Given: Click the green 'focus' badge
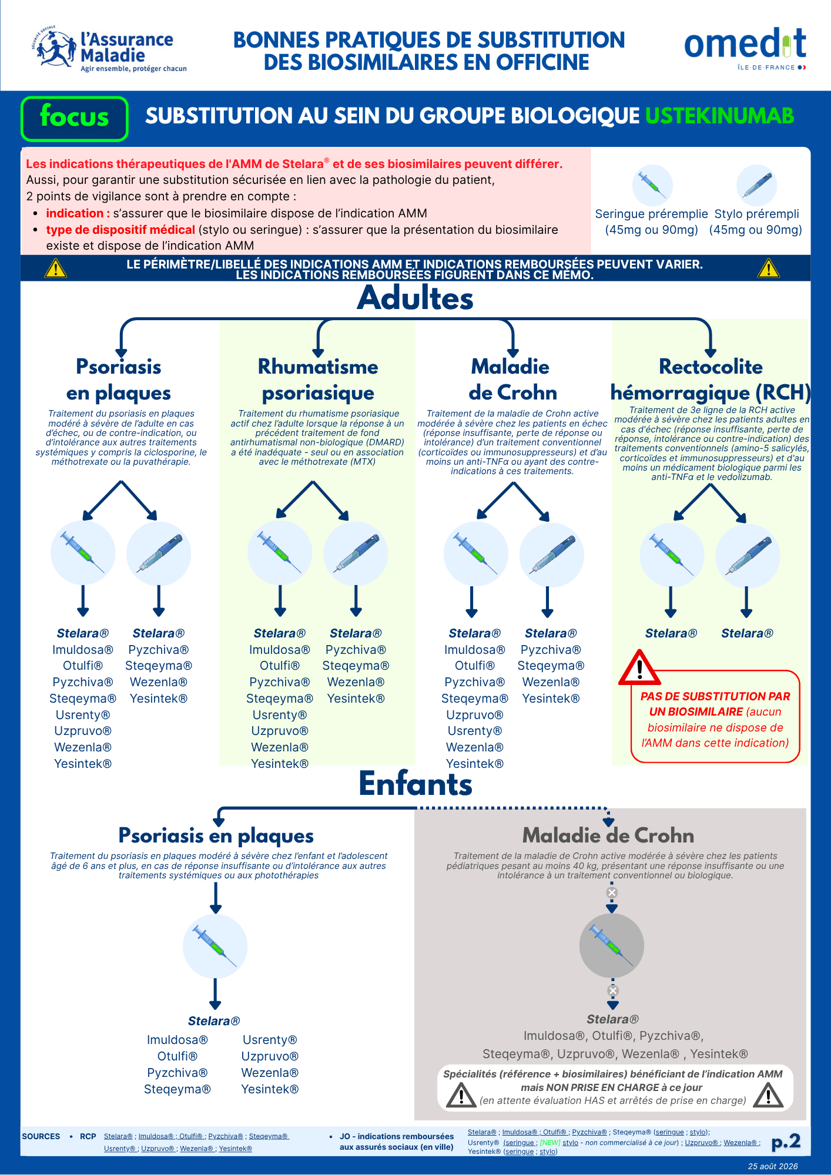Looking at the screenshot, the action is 75,119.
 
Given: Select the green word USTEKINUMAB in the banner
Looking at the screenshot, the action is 719,116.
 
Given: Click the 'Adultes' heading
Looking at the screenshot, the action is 415,298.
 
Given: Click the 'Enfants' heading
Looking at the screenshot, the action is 415,784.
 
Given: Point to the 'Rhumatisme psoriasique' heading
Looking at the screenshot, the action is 318,380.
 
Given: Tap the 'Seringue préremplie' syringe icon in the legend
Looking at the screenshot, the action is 652,185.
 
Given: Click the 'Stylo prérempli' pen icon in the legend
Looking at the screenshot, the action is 757,185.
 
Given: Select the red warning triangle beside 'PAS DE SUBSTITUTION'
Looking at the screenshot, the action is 639,668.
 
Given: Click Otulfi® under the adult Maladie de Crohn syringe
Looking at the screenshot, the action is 475,666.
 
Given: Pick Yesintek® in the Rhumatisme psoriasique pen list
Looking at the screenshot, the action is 356,699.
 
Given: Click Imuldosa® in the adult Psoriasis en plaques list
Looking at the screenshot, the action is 83,650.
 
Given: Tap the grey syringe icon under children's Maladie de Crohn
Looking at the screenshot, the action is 612,946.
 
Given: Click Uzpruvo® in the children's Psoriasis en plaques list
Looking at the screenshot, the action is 270,1056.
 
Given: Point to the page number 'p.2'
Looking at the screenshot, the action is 786,1141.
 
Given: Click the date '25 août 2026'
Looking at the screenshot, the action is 773,1166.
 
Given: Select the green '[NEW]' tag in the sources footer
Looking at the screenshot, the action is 550,1143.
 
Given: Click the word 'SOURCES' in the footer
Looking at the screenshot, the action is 41,1136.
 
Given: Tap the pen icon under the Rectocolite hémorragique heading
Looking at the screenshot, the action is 748,556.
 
